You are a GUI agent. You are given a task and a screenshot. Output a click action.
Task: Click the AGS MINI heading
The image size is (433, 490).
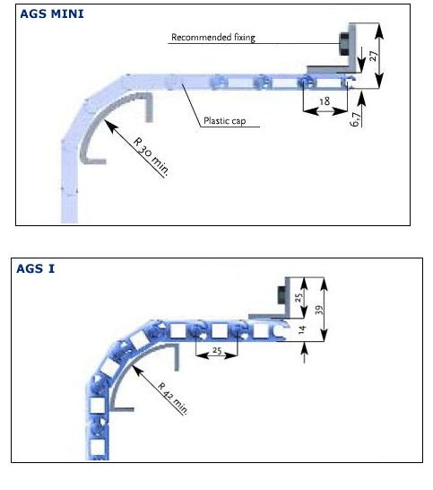point(52,14)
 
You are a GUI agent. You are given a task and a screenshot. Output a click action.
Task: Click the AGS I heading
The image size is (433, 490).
point(35,268)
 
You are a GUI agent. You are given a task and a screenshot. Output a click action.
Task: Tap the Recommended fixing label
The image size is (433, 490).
point(213,38)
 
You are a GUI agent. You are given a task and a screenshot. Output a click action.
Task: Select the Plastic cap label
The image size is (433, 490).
point(224,120)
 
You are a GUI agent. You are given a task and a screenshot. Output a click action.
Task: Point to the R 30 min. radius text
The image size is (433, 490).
point(152,156)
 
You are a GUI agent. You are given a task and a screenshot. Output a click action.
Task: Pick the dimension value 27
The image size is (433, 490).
point(374,56)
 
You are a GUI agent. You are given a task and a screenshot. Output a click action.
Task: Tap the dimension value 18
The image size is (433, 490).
point(325,101)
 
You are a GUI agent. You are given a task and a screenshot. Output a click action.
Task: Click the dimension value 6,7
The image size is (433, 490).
point(355,119)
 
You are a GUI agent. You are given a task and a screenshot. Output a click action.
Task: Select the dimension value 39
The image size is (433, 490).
point(319,310)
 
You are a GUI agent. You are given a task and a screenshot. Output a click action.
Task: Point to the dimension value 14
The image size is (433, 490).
point(301,329)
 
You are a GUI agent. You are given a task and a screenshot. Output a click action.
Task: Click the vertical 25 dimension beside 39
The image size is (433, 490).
point(299,297)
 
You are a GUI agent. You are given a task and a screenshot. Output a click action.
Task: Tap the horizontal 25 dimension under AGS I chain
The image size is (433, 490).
point(217,350)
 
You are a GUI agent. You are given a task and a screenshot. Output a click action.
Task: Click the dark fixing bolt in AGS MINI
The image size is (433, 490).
point(343,44)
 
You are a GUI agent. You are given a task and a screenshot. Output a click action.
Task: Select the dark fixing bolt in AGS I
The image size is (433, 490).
point(281,294)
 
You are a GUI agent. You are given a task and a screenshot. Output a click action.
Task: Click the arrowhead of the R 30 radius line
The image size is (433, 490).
point(111,126)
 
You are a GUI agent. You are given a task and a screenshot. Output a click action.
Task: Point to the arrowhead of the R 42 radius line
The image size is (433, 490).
point(138,371)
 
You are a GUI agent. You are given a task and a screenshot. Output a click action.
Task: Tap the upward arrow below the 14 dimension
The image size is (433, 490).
point(305,353)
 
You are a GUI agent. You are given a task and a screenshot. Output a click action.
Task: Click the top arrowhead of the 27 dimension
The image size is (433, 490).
point(379,31)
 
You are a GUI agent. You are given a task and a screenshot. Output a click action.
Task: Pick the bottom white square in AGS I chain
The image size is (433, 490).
point(98,447)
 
